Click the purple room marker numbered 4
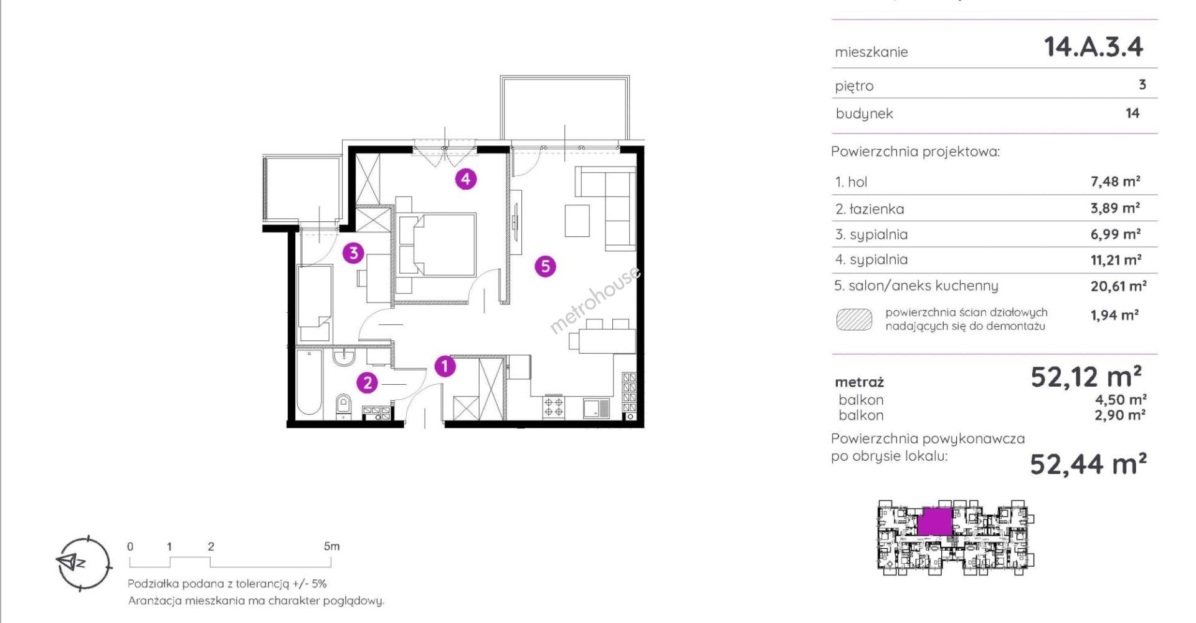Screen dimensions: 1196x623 point(466,179)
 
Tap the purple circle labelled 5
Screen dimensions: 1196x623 point(545,266)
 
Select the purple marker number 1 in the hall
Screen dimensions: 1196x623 point(445,366)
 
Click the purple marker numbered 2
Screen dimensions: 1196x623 point(368,382)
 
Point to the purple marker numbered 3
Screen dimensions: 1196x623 point(353,253)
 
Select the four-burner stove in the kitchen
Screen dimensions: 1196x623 point(554,407)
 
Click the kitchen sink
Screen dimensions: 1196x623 point(596,408)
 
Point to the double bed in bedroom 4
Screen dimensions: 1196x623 point(437,244)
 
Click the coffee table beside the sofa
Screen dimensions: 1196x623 point(577,221)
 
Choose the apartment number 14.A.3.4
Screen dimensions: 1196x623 point(1094,47)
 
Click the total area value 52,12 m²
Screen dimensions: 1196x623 point(1086,377)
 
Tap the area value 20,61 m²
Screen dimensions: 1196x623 point(1118,286)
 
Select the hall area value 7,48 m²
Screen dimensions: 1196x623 point(1115,181)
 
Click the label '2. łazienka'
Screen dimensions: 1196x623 point(870,209)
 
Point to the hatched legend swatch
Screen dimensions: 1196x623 point(854,319)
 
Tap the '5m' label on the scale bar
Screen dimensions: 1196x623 point(332,546)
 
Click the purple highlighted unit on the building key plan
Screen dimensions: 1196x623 point(934,521)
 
